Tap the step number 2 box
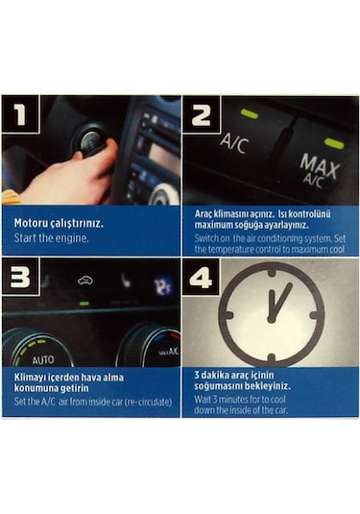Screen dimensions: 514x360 [200, 115]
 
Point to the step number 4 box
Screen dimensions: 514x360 [200, 279]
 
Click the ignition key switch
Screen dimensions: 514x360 [91, 142]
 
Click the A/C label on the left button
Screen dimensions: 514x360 [233, 143]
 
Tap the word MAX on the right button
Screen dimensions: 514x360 [319, 163]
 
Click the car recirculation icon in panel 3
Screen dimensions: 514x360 [84, 282]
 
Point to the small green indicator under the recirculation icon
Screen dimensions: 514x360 [84, 304]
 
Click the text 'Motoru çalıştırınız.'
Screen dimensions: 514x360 [59, 223]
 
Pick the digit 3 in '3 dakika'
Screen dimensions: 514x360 [197, 375]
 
